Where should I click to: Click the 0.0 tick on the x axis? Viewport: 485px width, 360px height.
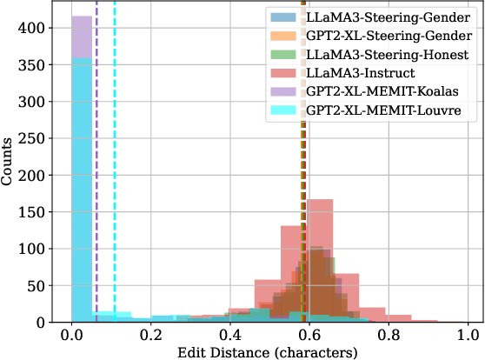[72, 335]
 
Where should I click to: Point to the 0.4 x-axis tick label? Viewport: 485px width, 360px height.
[230, 335]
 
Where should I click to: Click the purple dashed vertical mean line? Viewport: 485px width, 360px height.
[96, 174]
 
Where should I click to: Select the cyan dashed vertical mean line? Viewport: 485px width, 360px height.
[115, 174]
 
